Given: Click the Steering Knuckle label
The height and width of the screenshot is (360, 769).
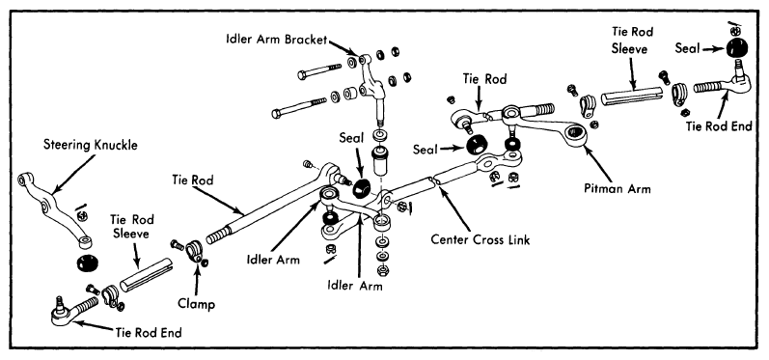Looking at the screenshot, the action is pos(91,145).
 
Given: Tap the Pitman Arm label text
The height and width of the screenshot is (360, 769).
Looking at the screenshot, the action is pos(617,189).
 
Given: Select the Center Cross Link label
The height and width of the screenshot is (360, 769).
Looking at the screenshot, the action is pos(481,239).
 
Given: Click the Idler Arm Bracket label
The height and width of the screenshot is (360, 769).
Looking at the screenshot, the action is pos(276,40).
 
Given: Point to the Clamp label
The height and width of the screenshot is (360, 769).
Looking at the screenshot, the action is pos(196,304).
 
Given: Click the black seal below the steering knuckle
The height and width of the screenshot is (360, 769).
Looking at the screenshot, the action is pos(87,263).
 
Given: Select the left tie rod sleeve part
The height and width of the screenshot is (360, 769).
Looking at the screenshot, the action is pos(146,275).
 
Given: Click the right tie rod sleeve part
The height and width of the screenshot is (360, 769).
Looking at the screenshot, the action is pos(631,97).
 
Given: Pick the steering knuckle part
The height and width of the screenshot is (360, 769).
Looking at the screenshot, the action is pos(52,205).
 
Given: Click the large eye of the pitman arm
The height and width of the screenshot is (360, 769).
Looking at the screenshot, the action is pos(574,133).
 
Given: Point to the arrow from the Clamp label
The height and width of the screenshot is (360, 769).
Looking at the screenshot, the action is pos(197,279).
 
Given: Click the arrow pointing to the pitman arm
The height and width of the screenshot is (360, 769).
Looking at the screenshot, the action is pos(598,164).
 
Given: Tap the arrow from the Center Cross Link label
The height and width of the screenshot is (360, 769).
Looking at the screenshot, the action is pos(456,208).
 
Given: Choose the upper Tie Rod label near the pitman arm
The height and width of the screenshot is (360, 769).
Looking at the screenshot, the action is pos(484,78).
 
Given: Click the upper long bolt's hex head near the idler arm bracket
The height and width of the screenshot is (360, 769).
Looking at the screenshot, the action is pos(302,75).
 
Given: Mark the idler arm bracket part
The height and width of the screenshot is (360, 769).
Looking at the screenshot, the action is pos(371,83).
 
